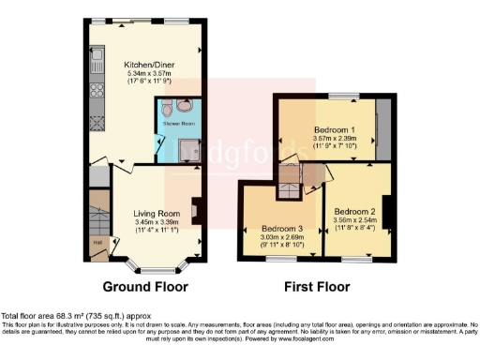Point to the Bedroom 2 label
click(x=354, y=211)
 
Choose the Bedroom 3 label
click(x=282, y=229)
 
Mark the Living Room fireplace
click(x=195, y=211)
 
